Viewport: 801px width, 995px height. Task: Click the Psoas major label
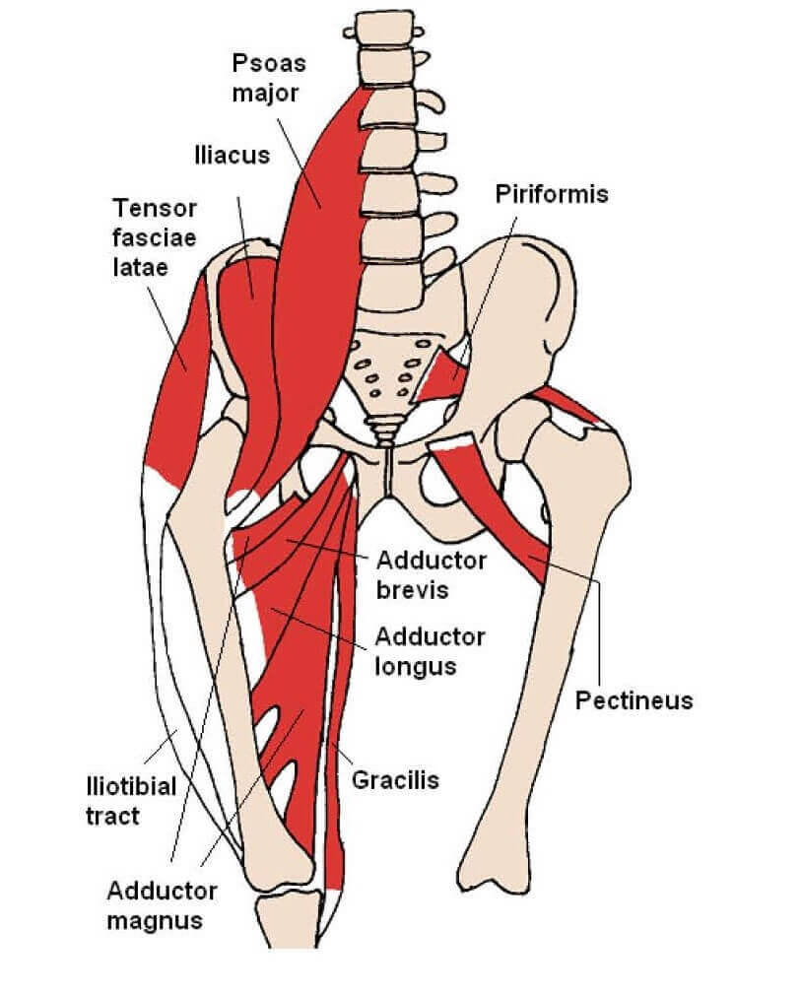point(269,80)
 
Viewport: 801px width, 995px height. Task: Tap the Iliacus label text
point(232,156)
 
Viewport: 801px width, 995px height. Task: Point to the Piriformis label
point(551,194)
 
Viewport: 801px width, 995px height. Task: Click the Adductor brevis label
point(431,574)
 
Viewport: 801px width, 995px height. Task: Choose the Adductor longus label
point(430,651)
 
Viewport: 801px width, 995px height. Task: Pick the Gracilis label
point(395,780)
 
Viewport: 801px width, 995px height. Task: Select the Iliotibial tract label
point(130,801)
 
